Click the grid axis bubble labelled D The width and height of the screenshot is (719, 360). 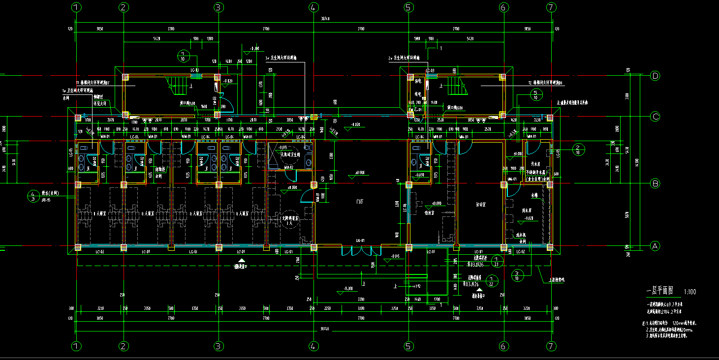coord(655,76)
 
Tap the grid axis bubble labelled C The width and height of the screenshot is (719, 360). coord(655,117)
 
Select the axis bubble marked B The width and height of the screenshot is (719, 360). coord(655,184)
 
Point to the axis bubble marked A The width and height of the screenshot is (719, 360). coord(655,246)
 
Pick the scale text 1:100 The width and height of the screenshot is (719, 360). coord(690,293)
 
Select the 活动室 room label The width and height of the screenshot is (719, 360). coord(481,204)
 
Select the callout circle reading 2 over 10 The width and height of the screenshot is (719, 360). coord(579,149)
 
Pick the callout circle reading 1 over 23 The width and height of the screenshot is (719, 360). coord(497,261)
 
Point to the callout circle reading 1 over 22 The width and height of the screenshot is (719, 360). coord(491,280)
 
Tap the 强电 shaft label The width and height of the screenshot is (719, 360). coord(418,81)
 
